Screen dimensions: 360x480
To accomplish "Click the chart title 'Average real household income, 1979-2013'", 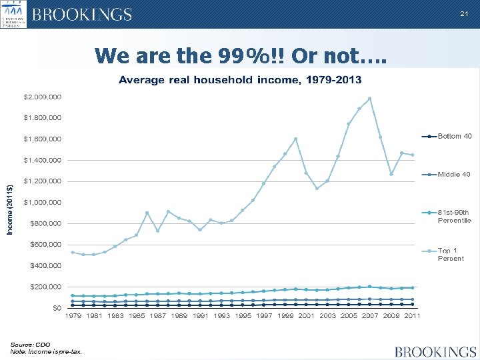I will pyautogui.click(x=240, y=80).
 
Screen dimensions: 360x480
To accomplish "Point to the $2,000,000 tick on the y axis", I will pyautogui.click(x=43, y=97).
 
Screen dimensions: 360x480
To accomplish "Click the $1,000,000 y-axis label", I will pyautogui.click(x=43, y=202).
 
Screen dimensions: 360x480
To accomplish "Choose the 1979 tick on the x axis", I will pyautogui.click(x=73, y=316).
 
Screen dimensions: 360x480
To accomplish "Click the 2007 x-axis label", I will pyautogui.click(x=370, y=316).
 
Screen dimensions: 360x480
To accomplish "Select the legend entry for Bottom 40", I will pyautogui.click(x=454, y=136).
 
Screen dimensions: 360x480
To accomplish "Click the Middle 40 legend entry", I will pyautogui.click(x=454, y=174).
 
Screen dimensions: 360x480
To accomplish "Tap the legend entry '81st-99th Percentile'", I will pyautogui.click(x=454, y=216).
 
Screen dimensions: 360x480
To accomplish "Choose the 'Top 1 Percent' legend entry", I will pyautogui.click(x=451, y=254).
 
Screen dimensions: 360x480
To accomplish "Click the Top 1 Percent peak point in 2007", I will pyautogui.click(x=370, y=99).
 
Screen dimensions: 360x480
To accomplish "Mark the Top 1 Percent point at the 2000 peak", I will pyautogui.click(x=295, y=139).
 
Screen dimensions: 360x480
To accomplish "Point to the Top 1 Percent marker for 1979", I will pyautogui.click(x=73, y=252).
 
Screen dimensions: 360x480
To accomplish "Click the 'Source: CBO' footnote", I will pyautogui.click(x=30, y=344).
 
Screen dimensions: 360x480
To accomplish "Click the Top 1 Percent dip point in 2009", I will pyautogui.click(x=391, y=174).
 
